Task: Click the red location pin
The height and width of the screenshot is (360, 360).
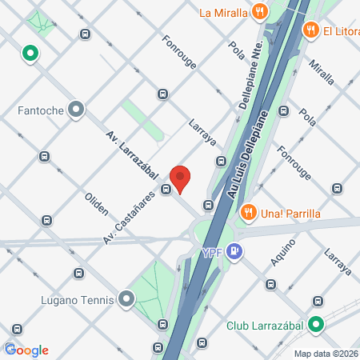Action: point(180,178)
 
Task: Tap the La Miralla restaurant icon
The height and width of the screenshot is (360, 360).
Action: point(258,12)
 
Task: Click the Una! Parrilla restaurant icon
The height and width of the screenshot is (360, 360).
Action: point(249,213)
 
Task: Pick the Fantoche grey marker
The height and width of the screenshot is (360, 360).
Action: point(77,109)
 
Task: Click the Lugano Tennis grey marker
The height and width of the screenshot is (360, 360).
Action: point(126,300)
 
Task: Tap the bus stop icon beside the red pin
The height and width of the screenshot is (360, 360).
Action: point(166,190)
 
